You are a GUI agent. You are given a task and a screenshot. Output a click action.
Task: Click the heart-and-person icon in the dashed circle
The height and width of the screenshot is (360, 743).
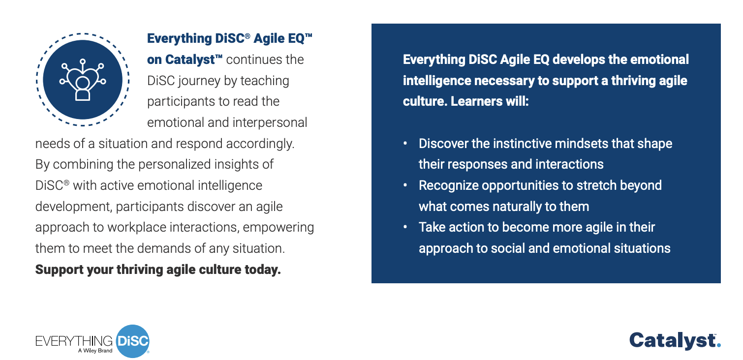click(83, 80)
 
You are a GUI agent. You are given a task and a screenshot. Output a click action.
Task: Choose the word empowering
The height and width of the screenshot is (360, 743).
click(279, 228)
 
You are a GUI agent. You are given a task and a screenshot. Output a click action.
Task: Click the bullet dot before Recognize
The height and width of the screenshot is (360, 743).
click(405, 185)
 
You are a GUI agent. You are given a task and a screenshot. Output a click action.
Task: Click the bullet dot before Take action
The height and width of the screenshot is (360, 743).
click(405, 227)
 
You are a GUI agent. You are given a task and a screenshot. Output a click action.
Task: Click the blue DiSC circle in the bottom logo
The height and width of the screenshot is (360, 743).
click(133, 341)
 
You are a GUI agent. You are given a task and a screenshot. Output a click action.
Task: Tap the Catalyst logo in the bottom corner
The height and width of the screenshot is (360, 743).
click(675, 341)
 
